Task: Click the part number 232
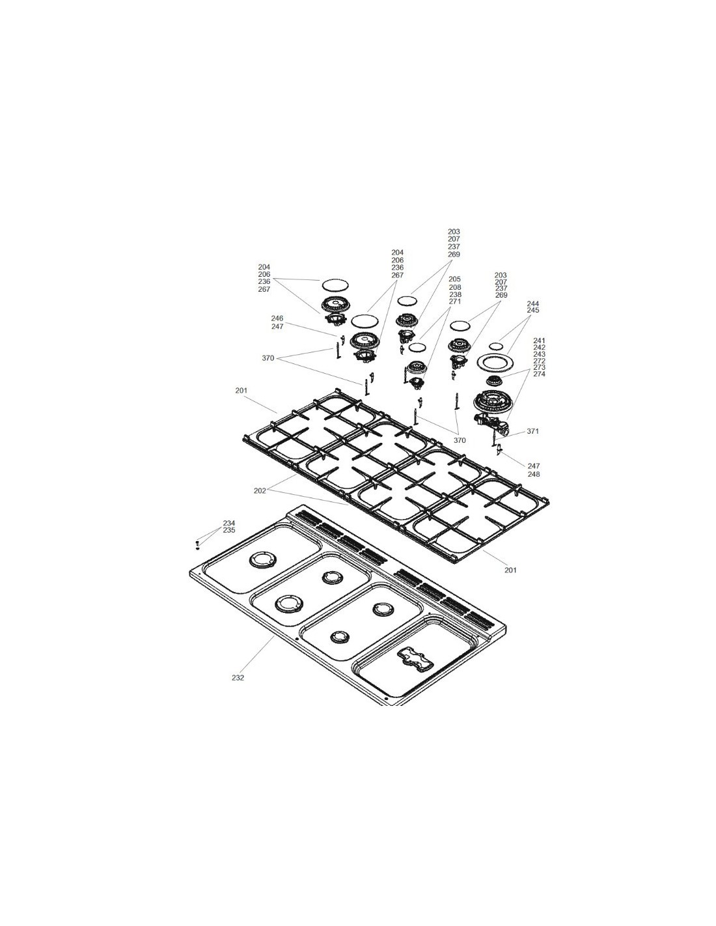[238, 690]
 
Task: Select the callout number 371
[533, 431]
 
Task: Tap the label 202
[260, 490]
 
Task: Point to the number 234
[229, 523]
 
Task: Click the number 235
[229, 530]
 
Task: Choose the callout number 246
[277, 318]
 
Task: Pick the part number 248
[534, 474]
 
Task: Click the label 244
[533, 303]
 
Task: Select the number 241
[539, 341]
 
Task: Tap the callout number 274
[539, 374]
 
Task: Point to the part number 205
[455, 279]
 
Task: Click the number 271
[455, 302]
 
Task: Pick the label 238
[455, 294]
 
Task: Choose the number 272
[539, 361]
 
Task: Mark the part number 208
[455, 287]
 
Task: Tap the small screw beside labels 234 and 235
[197, 545]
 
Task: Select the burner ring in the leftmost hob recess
[260, 559]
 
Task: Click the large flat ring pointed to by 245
[495, 363]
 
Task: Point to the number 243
[539, 354]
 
